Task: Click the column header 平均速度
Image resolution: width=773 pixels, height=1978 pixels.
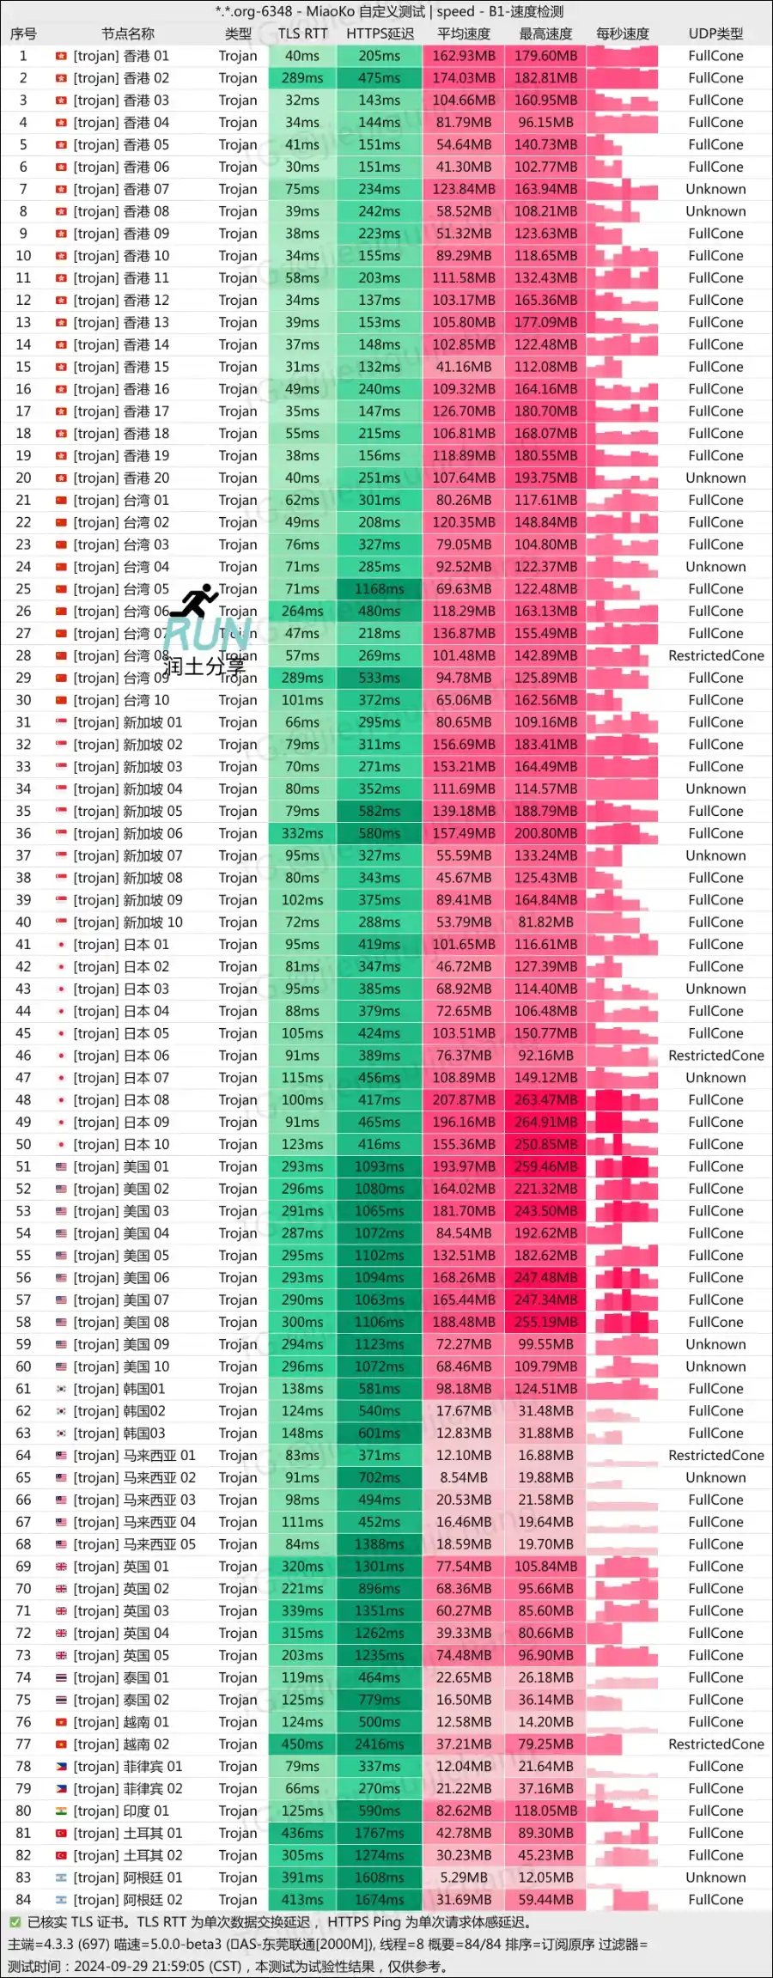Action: click(x=464, y=33)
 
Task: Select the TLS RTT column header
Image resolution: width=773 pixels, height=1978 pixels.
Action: click(x=302, y=33)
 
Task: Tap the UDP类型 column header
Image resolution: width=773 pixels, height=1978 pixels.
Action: click(x=715, y=33)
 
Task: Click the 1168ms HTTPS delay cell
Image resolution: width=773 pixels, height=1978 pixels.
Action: click(x=380, y=589)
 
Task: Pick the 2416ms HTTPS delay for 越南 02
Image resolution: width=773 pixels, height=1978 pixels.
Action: click(x=380, y=1744)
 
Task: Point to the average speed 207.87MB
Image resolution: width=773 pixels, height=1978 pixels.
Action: click(x=464, y=1100)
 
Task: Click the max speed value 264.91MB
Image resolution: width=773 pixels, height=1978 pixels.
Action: click(x=545, y=1123)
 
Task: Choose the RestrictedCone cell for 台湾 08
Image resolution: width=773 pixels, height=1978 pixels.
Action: click(x=715, y=656)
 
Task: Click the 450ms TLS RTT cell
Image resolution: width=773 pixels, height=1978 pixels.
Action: click(x=302, y=1744)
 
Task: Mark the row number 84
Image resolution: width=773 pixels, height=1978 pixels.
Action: click(x=23, y=1900)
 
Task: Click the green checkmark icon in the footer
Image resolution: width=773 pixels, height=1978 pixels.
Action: click(x=15, y=1922)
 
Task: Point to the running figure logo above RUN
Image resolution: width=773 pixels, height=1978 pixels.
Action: click(x=195, y=600)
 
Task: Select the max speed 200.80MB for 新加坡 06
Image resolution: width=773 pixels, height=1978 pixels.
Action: click(x=545, y=833)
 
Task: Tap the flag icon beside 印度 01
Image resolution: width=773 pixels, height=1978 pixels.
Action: click(x=61, y=1811)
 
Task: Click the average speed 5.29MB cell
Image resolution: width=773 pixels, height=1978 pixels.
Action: click(x=464, y=1878)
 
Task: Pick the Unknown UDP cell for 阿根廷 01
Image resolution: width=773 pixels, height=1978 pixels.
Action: click(x=715, y=1878)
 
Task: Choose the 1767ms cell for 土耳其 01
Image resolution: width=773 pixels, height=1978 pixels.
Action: click(x=380, y=1833)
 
